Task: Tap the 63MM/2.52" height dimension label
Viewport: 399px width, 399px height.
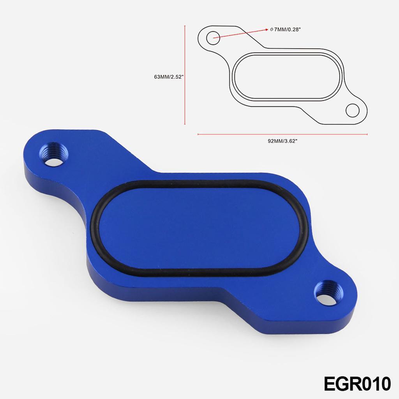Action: click(x=169, y=77)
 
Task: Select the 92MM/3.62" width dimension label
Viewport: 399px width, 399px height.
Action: click(x=282, y=141)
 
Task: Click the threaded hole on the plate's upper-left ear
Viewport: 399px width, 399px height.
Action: click(x=54, y=155)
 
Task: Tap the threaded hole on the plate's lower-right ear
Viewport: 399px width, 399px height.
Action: click(x=328, y=293)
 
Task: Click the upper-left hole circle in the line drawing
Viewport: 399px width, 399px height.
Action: click(x=213, y=38)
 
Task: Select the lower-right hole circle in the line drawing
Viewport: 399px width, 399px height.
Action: click(x=353, y=110)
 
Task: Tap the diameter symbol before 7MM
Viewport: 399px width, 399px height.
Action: click(x=271, y=30)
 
